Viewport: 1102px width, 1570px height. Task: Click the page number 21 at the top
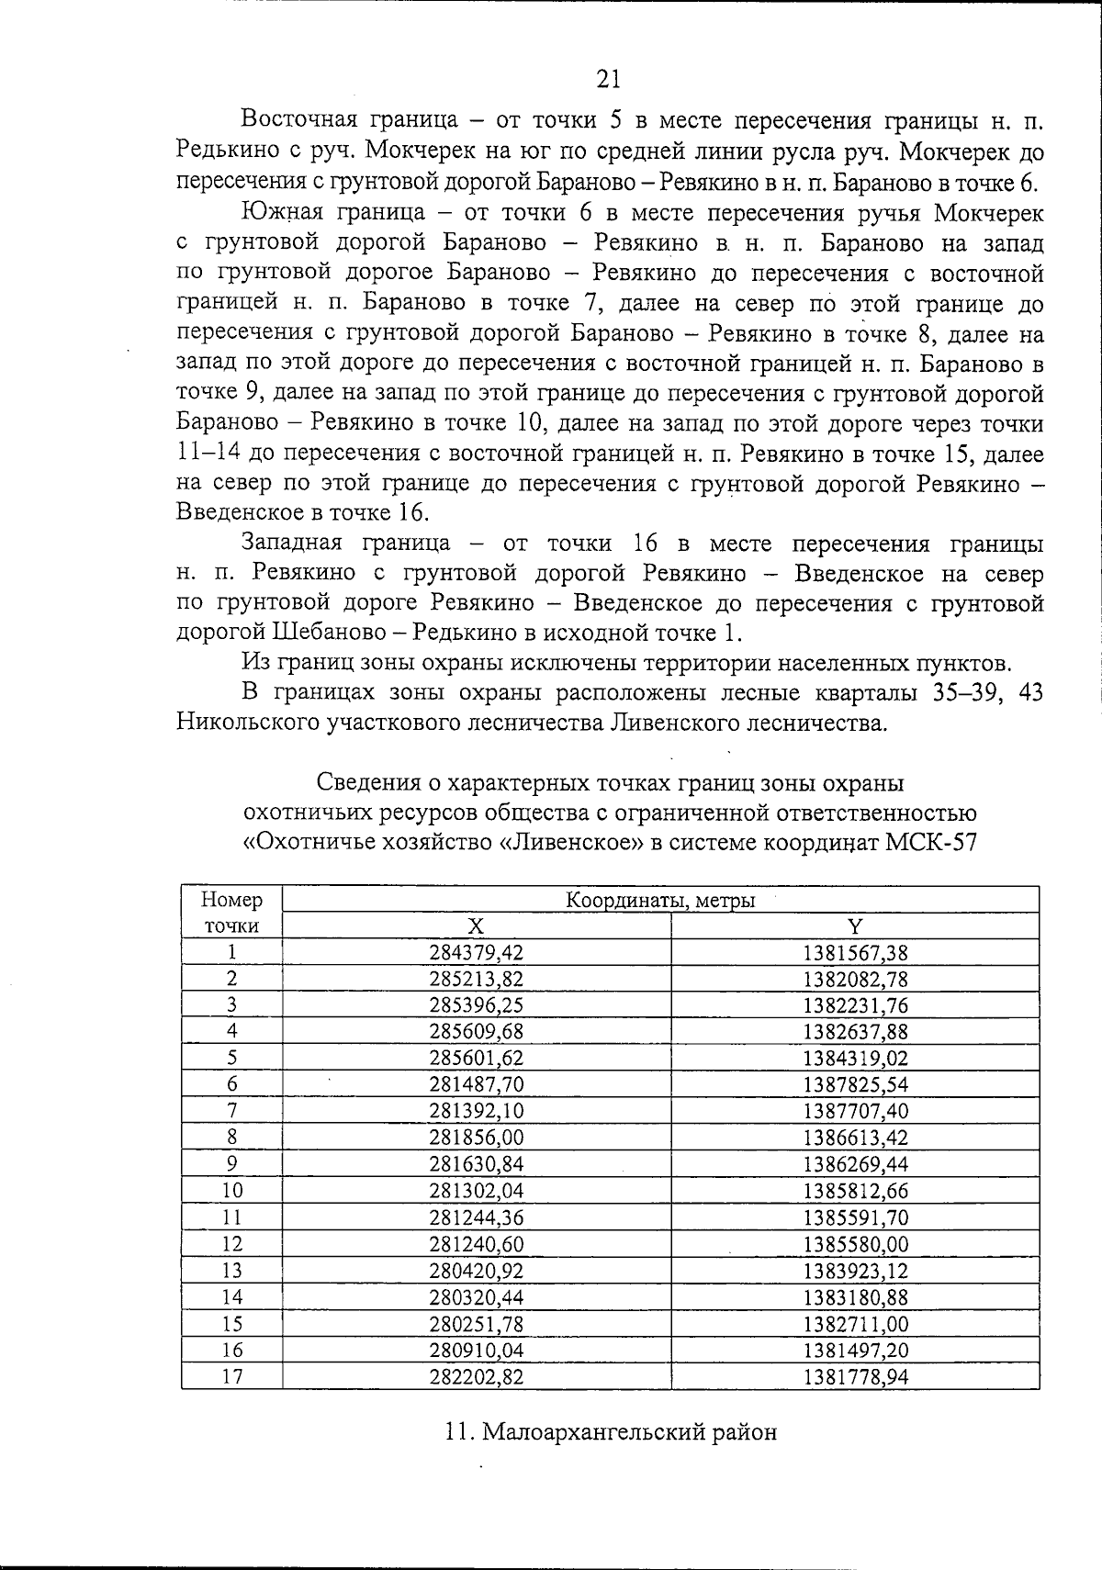[x=608, y=79]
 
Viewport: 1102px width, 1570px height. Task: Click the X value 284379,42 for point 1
[x=476, y=952]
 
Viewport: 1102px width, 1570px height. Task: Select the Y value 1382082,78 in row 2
[x=855, y=979]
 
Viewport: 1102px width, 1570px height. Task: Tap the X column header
[x=476, y=925]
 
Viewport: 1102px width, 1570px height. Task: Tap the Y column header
[x=855, y=925]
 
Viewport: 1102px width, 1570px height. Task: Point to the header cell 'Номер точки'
[x=231, y=912]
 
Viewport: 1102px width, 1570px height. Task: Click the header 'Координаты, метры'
[x=659, y=900]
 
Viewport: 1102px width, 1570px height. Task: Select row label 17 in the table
[x=232, y=1377]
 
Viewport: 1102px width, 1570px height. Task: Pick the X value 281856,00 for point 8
[x=476, y=1138]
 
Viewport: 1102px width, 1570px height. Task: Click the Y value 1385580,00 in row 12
[x=855, y=1244]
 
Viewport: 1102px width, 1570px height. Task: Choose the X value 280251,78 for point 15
[x=476, y=1324]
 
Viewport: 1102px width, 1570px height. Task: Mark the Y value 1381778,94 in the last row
[x=855, y=1377]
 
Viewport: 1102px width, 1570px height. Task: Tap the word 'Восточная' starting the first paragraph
[x=294, y=120]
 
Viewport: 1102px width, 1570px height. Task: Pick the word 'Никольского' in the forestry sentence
[x=247, y=723]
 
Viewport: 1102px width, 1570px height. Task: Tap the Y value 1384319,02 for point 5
[x=855, y=1058]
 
